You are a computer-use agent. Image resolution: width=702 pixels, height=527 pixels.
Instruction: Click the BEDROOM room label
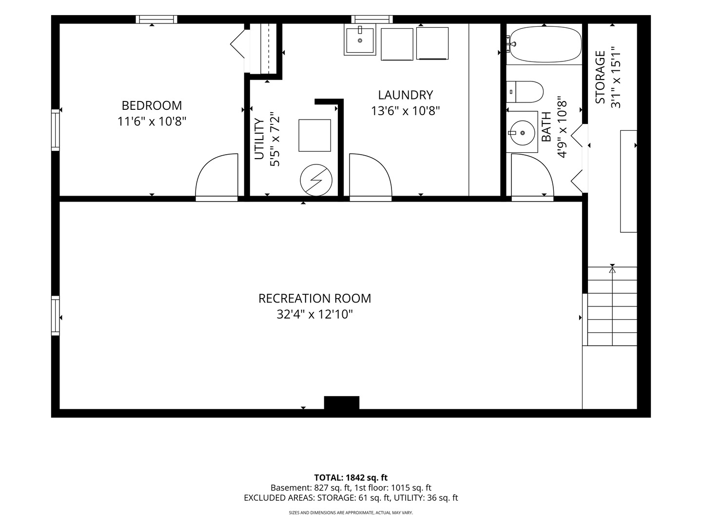pyautogui.click(x=152, y=105)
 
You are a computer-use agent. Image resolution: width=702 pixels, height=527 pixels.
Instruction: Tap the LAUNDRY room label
pyautogui.click(x=405, y=95)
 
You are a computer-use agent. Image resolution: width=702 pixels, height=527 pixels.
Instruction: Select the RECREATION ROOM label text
pyautogui.click(x=315, y=298)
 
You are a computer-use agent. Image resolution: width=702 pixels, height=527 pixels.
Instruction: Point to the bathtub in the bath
pyautogui.click(x=544, y=44)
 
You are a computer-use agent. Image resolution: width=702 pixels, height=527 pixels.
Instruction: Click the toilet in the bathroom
pyautogui.click(x=525, y=92)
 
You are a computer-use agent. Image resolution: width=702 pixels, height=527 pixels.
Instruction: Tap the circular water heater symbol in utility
pyautogui.click(x=316, y=180)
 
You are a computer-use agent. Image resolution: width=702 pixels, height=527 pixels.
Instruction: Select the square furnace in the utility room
pyautogui.click(x=315, y=135)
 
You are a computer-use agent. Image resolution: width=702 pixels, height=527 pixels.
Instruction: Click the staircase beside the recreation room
pyautogui.click(x=612, y=306)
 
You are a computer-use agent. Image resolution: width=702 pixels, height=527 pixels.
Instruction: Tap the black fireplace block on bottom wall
pyautogui.click(x=342, y=403)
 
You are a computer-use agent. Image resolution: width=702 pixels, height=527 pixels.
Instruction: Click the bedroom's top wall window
pyautogui.click(x=156, y=19)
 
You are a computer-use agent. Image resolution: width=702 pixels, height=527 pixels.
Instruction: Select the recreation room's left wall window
pyautogui.click(x=55, y=316)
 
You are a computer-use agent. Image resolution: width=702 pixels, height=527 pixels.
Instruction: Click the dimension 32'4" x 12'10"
pyautogui.click(x=315, y=315)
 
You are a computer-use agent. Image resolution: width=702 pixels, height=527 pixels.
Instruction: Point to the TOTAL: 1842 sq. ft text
pyautogui.click(x=351, y=477)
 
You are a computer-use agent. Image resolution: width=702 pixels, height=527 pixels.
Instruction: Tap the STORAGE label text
pyautogui.click(x=600, y=78)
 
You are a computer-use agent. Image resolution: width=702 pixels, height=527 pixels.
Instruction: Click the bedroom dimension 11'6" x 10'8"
pyautogui.click(x=152, y=122)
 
